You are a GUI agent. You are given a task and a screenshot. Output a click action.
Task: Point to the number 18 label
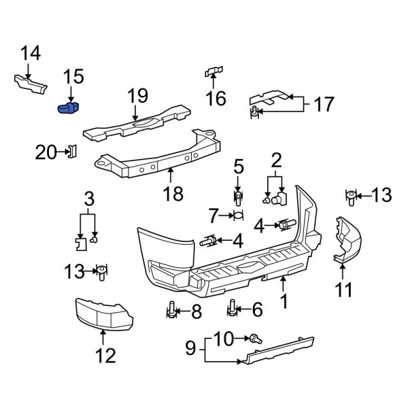[x=173, y=194]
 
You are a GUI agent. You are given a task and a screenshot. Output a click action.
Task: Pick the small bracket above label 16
[x=215, y=72]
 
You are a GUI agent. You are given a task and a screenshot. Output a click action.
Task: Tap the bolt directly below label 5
[x=238, y=198]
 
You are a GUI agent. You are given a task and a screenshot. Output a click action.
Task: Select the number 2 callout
[x=276, y=162]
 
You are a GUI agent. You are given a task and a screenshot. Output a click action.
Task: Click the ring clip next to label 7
[x=237, y=216]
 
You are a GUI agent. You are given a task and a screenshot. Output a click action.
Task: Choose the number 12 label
[x=105, y=355]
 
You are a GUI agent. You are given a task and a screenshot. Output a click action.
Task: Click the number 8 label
[x=196, y=311]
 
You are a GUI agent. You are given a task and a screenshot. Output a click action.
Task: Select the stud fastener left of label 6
[x=233, y=310]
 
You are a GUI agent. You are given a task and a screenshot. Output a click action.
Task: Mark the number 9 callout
[x=191, y=350]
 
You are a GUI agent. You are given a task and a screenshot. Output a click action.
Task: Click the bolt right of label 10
[x=256, y=337]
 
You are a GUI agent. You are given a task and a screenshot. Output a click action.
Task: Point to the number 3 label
[x=88, y=201]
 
